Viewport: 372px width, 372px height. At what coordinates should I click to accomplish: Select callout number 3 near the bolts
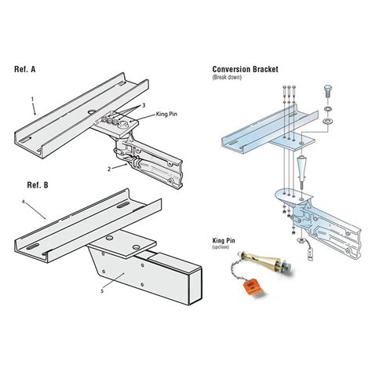[x=144, y=104]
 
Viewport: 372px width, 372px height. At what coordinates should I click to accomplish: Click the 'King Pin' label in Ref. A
[x=166, y=116]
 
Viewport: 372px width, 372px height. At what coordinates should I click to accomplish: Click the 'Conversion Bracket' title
[x=248, y=69]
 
